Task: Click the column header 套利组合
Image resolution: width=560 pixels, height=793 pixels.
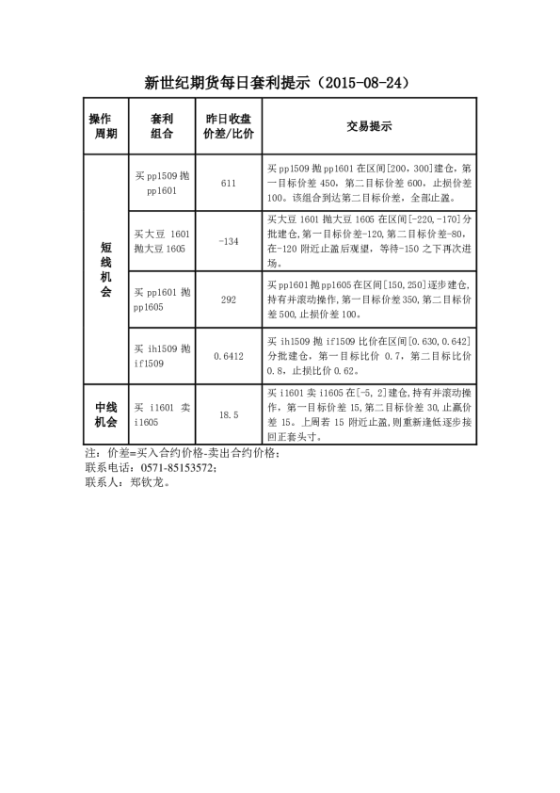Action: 162,126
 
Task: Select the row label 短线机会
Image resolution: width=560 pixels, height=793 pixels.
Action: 106,269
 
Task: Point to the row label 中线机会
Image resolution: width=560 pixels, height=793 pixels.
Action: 106,414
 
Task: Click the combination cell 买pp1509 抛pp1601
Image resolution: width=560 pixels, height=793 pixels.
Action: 162,183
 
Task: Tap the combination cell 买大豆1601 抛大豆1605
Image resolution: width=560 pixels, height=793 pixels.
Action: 162,241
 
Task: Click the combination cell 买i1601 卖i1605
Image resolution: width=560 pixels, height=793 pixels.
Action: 162,414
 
